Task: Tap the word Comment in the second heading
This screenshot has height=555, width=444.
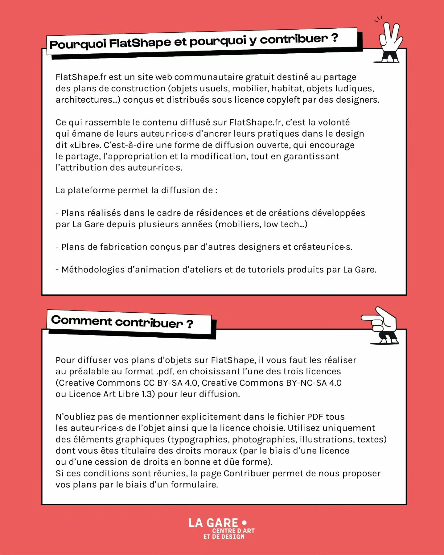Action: pyautogui.click(x=81, y=321)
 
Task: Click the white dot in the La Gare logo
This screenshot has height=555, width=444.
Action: pyautogui.click(x=244, y=523)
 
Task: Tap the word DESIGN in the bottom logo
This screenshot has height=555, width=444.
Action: pyautogui.click(x=233, y=537)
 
